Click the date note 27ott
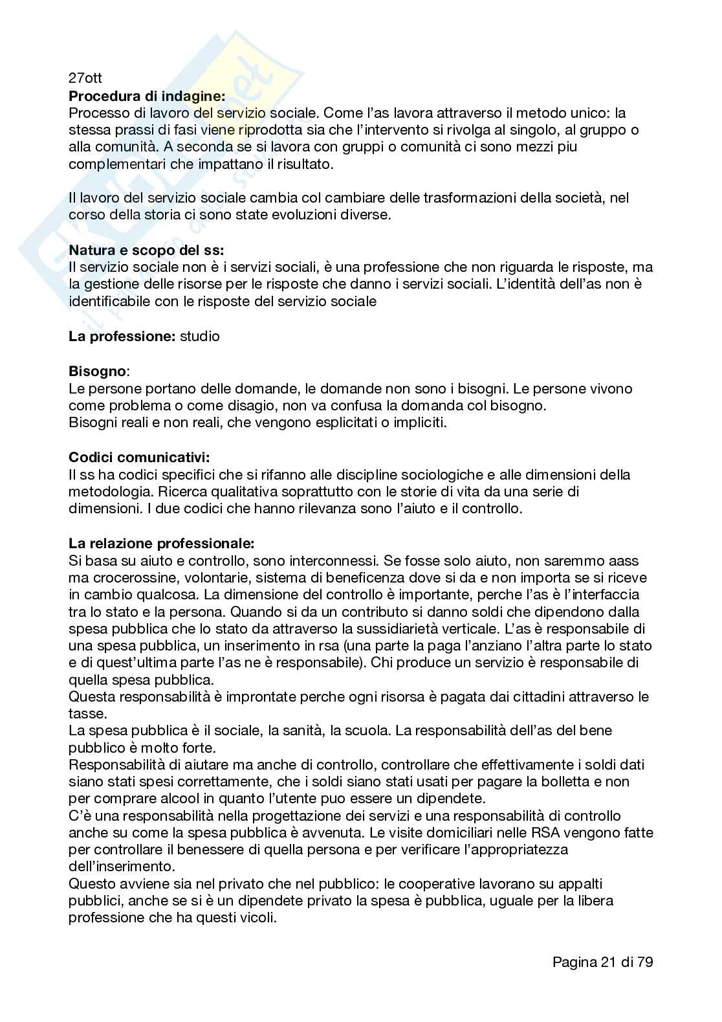85,79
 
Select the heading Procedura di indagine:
147,96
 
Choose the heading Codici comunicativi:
139,457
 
